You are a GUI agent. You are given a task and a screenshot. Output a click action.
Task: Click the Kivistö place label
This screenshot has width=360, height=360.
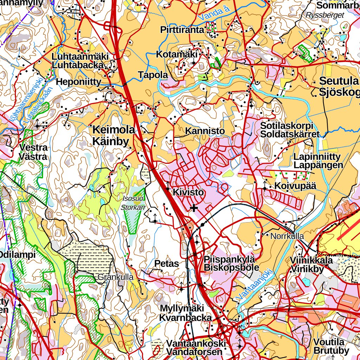point(188,193)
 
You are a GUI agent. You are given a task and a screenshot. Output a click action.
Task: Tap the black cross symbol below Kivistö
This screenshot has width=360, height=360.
point(194,208)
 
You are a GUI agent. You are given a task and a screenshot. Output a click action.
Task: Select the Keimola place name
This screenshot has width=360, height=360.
point(113,130)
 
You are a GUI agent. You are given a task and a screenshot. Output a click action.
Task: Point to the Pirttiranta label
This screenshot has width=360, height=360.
point(182,30)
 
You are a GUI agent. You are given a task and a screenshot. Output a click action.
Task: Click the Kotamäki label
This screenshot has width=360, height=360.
point(177,54)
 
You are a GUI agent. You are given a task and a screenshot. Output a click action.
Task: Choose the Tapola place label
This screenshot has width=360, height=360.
point(153,75)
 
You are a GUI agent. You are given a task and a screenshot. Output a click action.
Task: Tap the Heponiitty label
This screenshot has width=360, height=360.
point(78,82)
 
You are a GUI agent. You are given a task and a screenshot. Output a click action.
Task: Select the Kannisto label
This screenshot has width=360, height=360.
point(205,131)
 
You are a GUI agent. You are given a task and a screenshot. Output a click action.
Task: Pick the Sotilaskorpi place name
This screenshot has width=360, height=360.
point(287,126)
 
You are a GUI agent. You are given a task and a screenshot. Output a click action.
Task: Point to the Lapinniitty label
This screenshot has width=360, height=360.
point(317,157)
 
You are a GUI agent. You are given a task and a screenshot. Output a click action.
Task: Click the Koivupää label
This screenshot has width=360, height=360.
point(296,186)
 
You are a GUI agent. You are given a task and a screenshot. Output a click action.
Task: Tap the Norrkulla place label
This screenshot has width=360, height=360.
point(287,236)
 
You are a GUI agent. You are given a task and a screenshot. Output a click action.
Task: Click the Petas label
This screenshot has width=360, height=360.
point(167,264)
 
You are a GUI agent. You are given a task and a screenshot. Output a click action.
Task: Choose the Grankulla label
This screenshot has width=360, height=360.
point(115,277)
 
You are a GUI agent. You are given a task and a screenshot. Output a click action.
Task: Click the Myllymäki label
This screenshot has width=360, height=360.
point(182,308)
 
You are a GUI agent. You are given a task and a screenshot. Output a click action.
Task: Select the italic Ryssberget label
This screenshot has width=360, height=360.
point(324,15)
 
